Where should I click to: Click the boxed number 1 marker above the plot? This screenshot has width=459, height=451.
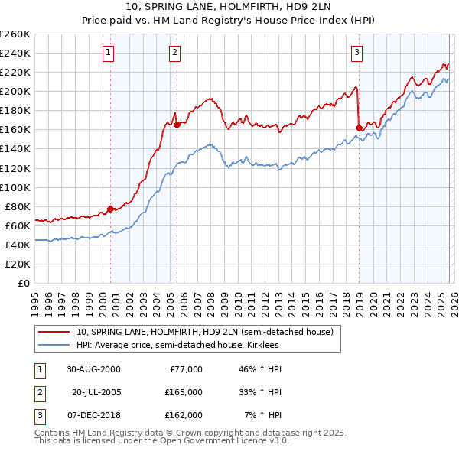coord(109,53)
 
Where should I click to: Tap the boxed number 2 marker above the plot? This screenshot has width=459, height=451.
coord(175,53)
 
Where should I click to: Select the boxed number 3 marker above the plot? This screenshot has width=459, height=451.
coord(356,53)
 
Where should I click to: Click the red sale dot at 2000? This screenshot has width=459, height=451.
coord(111,209)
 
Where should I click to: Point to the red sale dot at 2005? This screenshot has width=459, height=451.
coord(177,125)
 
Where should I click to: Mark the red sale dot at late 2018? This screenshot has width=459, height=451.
coord(359,127)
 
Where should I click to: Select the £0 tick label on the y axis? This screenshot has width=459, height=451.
coord(24,283)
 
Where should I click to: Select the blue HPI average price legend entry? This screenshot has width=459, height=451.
coord(177,346)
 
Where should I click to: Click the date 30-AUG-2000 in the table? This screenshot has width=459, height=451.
coord(93,369)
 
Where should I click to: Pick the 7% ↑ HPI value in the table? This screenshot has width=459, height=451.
coord(263,415)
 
